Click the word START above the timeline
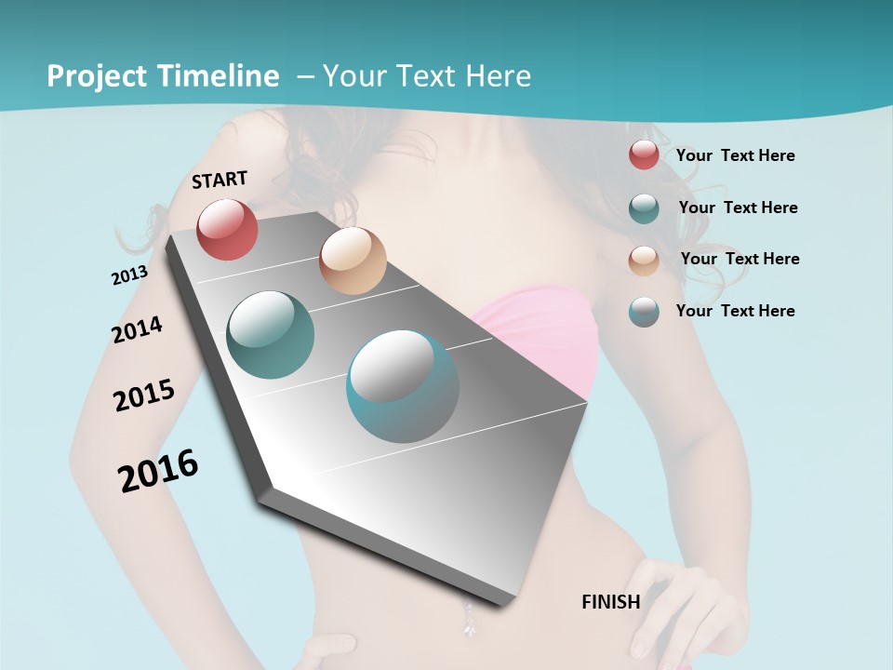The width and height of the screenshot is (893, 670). [220, 180]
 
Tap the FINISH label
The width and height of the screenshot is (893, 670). [610, 602]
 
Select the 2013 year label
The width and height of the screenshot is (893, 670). [129, 275]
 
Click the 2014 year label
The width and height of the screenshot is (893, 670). [137, 329]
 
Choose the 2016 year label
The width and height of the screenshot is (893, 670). [158, 470]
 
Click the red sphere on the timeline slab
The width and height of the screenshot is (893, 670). [227, 229]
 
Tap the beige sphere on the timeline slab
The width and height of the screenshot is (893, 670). [353, 261]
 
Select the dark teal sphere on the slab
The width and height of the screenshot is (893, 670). [271, 334]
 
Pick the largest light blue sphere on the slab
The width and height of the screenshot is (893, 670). [403, 386]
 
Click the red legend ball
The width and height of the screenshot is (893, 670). [644, 155]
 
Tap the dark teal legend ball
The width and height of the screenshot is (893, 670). [644, 208]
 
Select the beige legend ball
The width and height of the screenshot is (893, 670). [644, 260]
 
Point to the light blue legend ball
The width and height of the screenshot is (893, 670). [644, 312]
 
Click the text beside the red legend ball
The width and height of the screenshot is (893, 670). [735, 155]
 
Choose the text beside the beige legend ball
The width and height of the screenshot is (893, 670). [740, 259]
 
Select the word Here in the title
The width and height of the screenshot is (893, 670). [498, 76]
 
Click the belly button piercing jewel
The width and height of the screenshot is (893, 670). [467, 618]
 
